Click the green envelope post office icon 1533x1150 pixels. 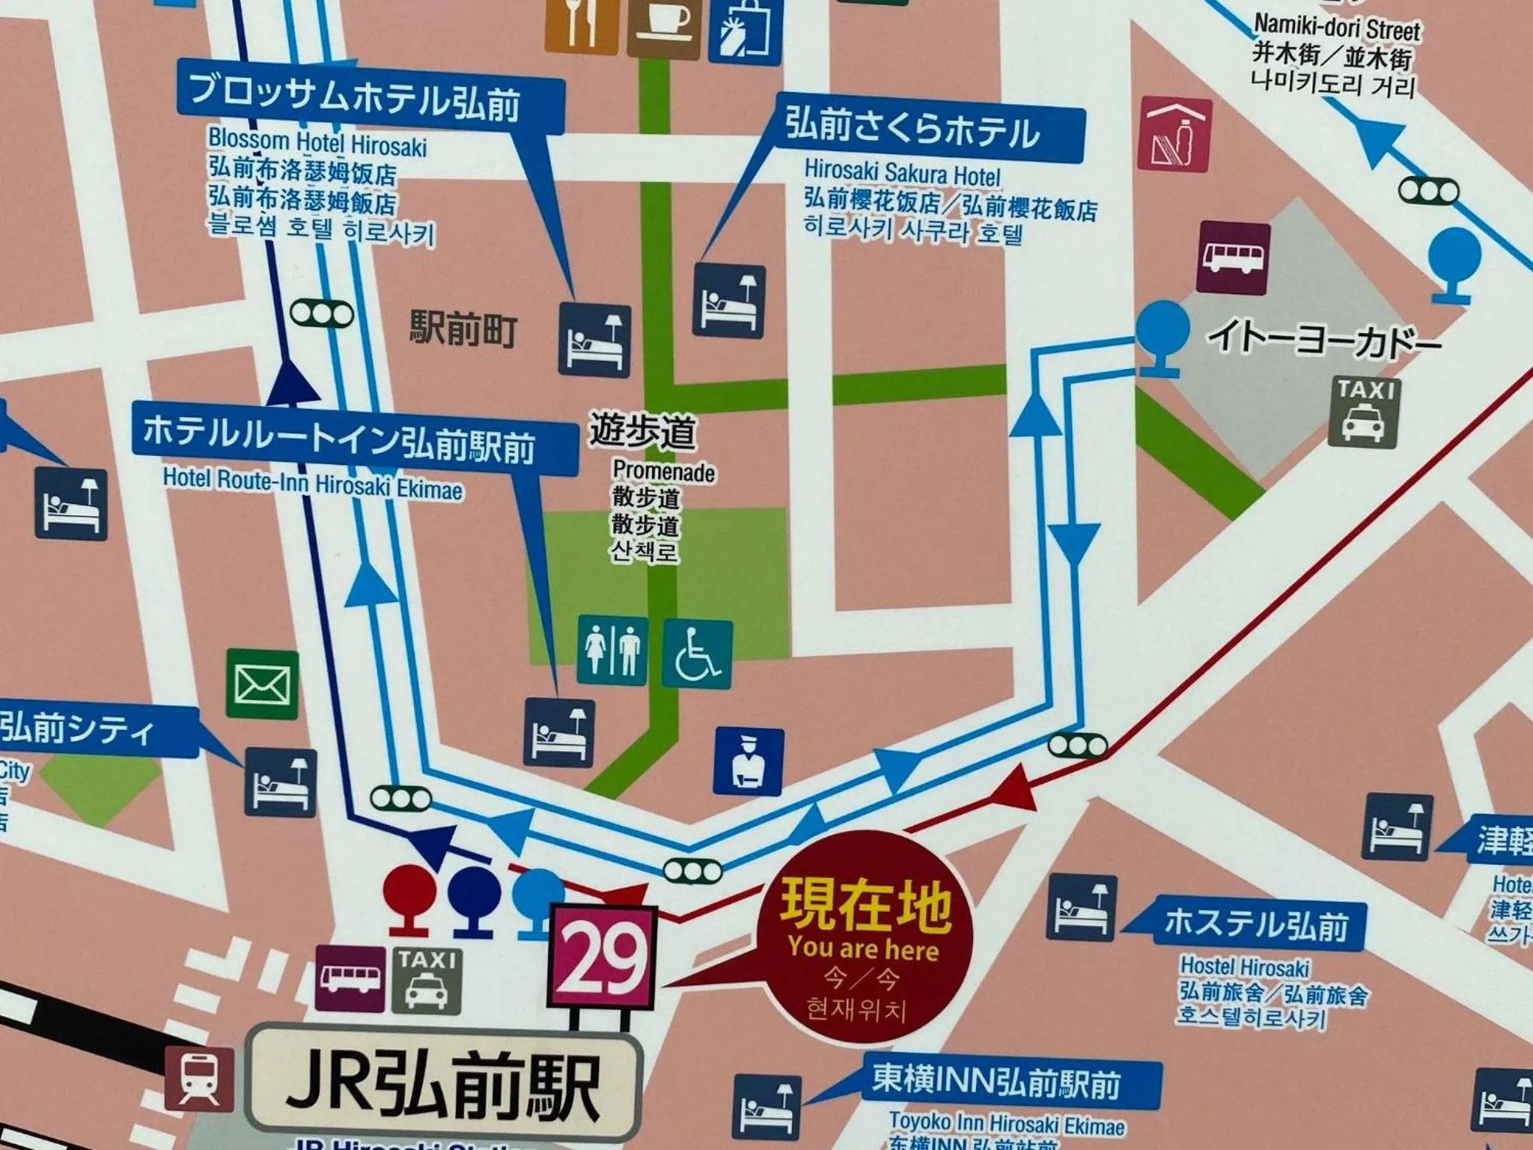(262, 684)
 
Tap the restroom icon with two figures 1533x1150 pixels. (612, 651)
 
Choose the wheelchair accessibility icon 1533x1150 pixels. (696, 654)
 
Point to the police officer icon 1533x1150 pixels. (748, 761)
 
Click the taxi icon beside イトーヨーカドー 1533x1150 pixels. (1364, 413)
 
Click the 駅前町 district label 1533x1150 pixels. (463, 329)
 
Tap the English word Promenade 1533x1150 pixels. (663, 472)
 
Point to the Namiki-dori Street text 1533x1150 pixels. (1336, 28)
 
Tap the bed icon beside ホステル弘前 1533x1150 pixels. (1081, 908)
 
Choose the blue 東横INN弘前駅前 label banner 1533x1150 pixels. (1011, 1083)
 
